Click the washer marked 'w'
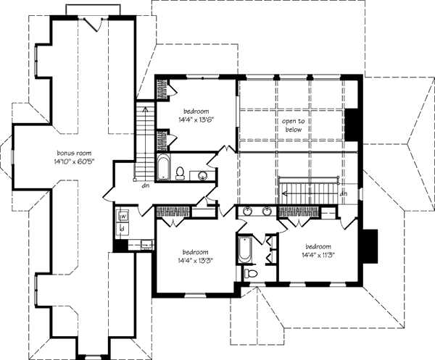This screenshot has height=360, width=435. pos(123,216)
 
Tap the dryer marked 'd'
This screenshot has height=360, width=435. pos(123,229)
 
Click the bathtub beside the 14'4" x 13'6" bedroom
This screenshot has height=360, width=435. pos(163,168)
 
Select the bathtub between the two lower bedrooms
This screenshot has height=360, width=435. pos(244,253)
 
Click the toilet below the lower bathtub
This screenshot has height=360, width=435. pos(250,274)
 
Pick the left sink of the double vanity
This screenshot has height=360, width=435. pos(249,211)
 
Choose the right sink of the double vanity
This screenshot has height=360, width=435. pos(267,211)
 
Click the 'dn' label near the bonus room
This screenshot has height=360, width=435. pos(136,184)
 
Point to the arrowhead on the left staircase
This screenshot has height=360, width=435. pos(144,109)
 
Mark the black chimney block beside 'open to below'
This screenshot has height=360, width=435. pos(352,125)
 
